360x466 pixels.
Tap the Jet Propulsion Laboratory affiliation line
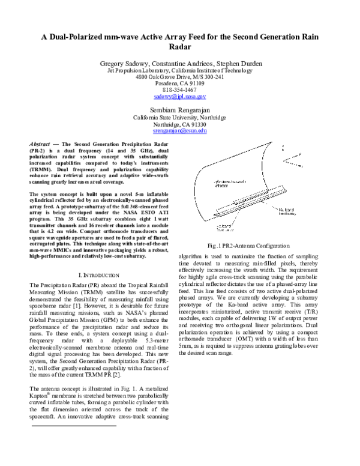click(179, 70)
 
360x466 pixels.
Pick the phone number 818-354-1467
click(179, 89)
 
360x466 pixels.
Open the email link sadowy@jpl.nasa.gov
click(179, 96)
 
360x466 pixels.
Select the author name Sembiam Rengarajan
click(179, 110)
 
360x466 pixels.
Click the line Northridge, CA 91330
click(179, 124)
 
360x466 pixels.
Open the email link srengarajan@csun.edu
click(179, 130)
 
